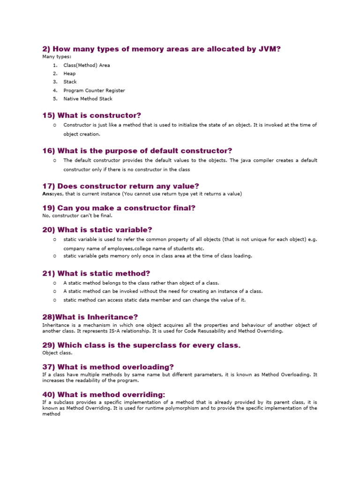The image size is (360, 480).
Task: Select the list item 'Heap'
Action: coord(69,74)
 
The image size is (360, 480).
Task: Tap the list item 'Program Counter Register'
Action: coord(94,90)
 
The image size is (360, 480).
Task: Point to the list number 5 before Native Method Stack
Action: coord(55,99)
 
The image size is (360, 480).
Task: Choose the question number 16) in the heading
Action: coord(49,150)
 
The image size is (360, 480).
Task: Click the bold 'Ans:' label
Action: coord(48,194)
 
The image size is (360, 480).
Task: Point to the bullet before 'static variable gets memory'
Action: coord(55,256)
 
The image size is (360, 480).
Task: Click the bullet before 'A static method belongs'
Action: coord(55,283)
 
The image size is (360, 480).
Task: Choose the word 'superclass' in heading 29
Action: coord(150,345)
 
